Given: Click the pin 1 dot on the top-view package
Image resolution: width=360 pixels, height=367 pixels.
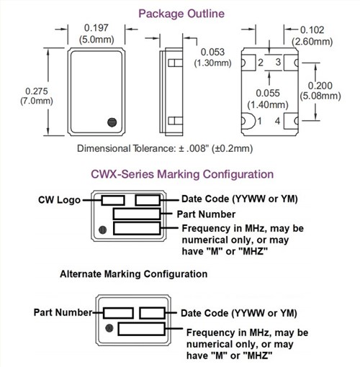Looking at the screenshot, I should pyautogui.click(x=110, y=122).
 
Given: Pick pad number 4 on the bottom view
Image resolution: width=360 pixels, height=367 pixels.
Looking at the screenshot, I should pyautogui.click(x=276, y=122).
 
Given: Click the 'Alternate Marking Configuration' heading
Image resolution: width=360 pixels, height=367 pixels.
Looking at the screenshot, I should pyautogui.click(x=133, y=274).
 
